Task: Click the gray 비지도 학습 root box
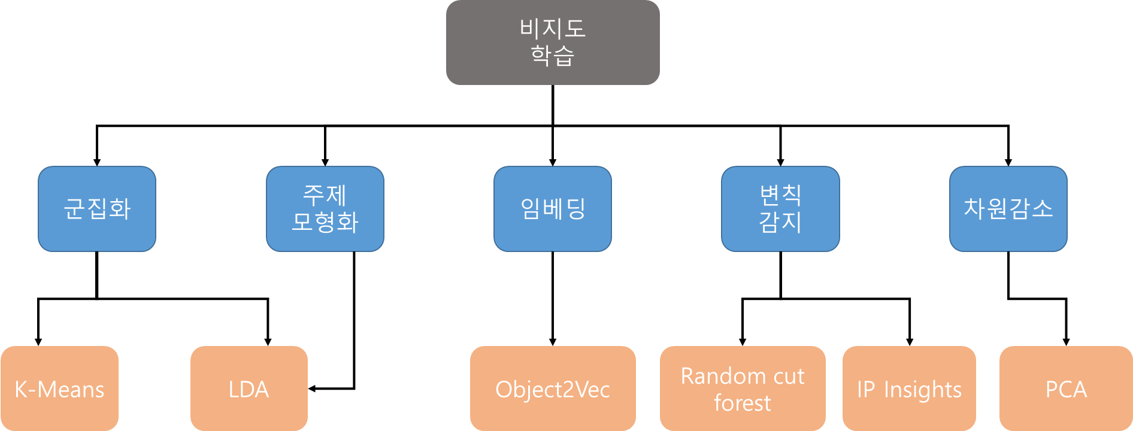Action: (552, 42)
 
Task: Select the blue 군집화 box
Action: (97, 209)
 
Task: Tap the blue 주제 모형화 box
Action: (325, 209)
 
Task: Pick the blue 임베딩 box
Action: (552, 209)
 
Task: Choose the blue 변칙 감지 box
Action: (780, 209)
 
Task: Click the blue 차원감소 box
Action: (1008, 209)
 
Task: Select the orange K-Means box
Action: (59, 389)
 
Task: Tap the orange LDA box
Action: (249, 389)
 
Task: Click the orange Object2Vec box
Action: (552, 389)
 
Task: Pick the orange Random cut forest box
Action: (743, 389)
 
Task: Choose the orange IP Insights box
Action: (909, 389)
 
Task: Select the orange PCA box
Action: (1066, 389)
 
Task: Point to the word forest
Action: (743, 403)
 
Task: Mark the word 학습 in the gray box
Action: (552, 55)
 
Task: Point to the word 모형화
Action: (325, 222)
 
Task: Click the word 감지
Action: (780, 222)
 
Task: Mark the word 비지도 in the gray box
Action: (552, 28)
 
